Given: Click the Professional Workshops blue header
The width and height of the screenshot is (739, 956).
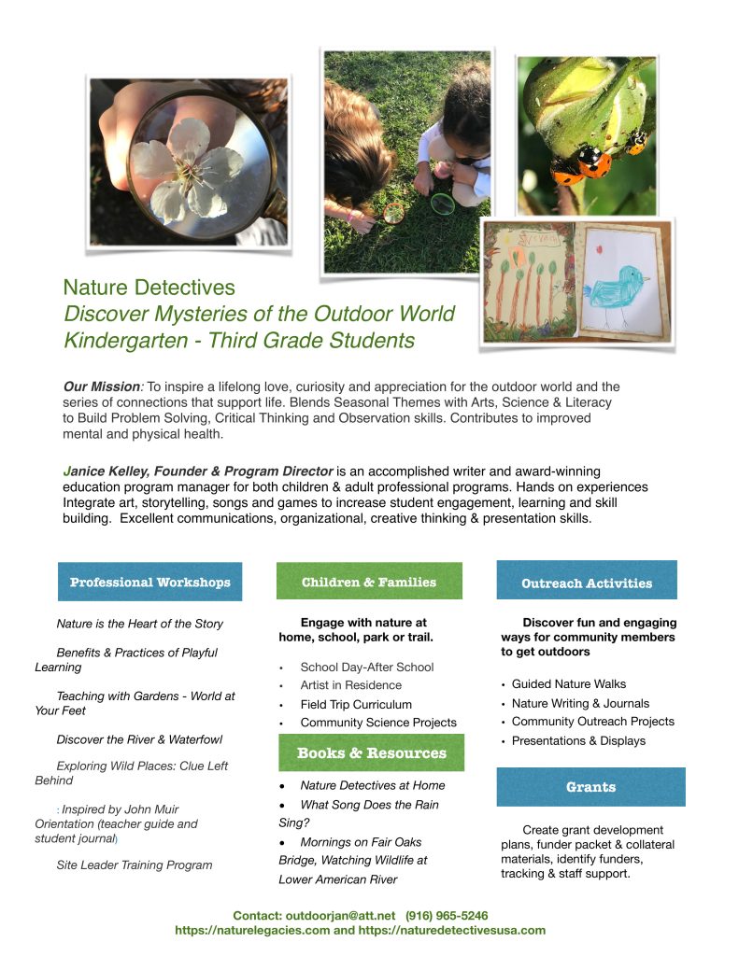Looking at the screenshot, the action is (149, 583).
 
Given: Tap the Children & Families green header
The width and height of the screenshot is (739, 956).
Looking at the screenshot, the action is (369, 582).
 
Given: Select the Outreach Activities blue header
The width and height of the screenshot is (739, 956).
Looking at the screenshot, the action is (587, 583).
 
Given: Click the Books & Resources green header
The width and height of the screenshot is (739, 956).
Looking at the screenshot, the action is (371, 752).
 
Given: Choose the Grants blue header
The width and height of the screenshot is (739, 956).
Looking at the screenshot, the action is (590, 787).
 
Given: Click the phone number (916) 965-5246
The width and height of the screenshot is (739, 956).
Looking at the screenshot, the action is (447, 916).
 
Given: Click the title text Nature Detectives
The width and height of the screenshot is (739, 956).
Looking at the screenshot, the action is (149, 288).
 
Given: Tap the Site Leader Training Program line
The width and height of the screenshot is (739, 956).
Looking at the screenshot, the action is (135, 865).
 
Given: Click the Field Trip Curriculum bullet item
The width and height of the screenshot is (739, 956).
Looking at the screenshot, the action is (356, 704).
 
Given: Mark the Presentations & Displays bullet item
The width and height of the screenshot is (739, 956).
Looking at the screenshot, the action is (578, 741).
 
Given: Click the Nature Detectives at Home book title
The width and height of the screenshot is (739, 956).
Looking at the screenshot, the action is (373, 786).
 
